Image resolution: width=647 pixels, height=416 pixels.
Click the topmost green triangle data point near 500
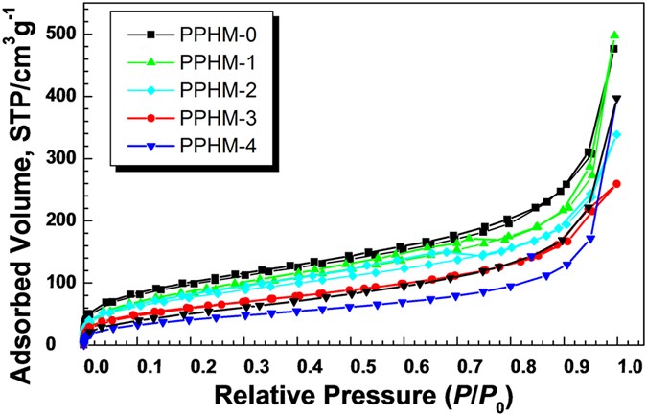(x=614, y=35)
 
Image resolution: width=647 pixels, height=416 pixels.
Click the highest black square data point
(x=613, y=49)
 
